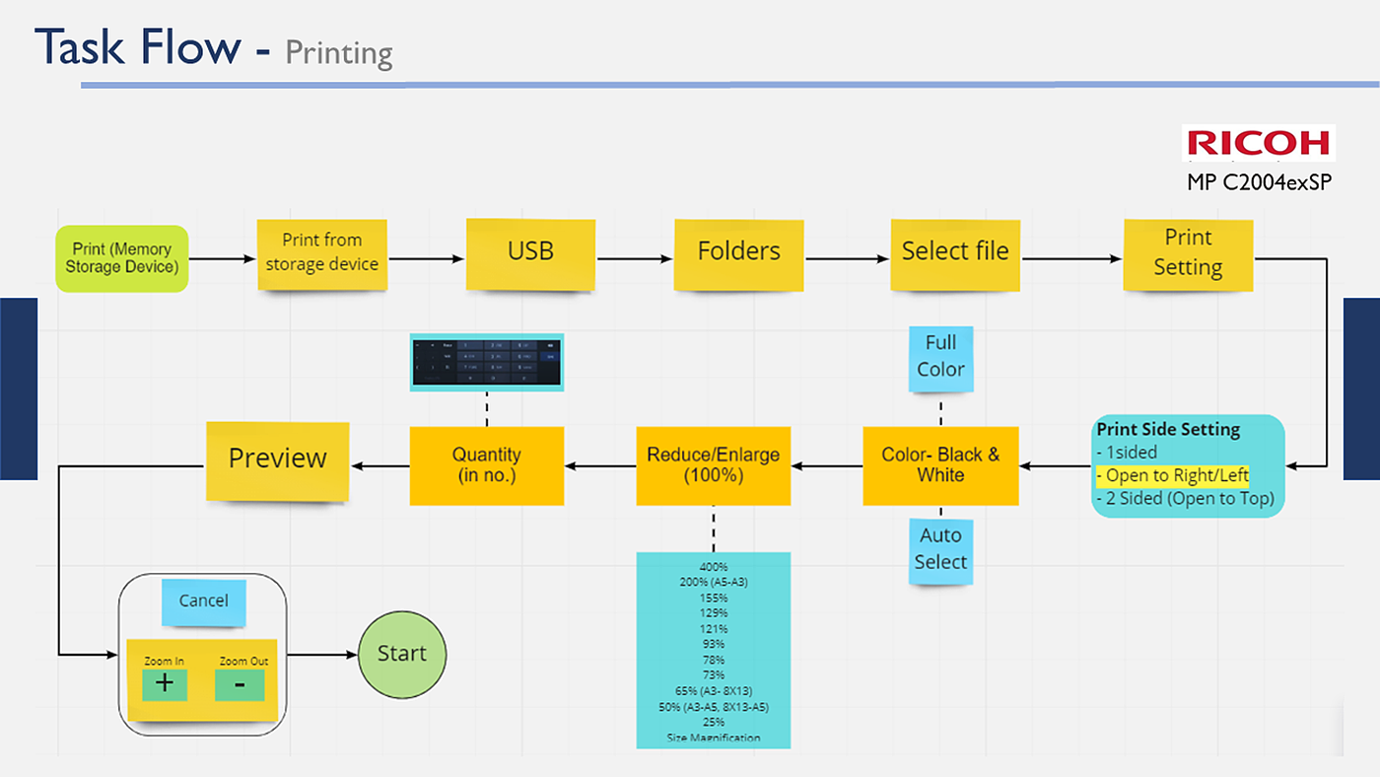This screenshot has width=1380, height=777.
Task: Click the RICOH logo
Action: (x=1259, y=143)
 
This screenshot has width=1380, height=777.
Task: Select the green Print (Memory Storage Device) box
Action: (x=121, y=258)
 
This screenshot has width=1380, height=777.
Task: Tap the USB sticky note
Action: (x=530, y=252)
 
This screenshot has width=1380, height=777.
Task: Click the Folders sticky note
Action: (x=738, y=252)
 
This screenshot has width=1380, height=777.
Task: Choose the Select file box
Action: (x=955, y=252)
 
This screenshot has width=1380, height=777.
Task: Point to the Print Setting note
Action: (x=1188, y=253)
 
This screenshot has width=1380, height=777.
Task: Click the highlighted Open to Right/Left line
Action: (x=1173, y=475)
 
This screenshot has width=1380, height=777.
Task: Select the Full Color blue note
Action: (x=940, y=356)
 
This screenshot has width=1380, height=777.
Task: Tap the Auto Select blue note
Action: (x=940, y=549)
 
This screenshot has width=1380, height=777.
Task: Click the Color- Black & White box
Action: (x=940, y=465)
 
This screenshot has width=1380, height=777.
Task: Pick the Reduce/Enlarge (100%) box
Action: (x=713, y=465)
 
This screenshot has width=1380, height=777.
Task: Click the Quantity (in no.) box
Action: (x=486, y=465)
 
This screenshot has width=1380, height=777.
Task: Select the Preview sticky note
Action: (x=277, y=459)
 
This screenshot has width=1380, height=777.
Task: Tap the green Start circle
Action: (x=401, y=654)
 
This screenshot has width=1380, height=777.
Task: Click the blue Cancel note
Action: (x=203, y=601)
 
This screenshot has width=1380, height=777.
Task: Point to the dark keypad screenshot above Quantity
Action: (x=486, y=361)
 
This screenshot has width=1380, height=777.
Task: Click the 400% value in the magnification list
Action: (x=713, y=567)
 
